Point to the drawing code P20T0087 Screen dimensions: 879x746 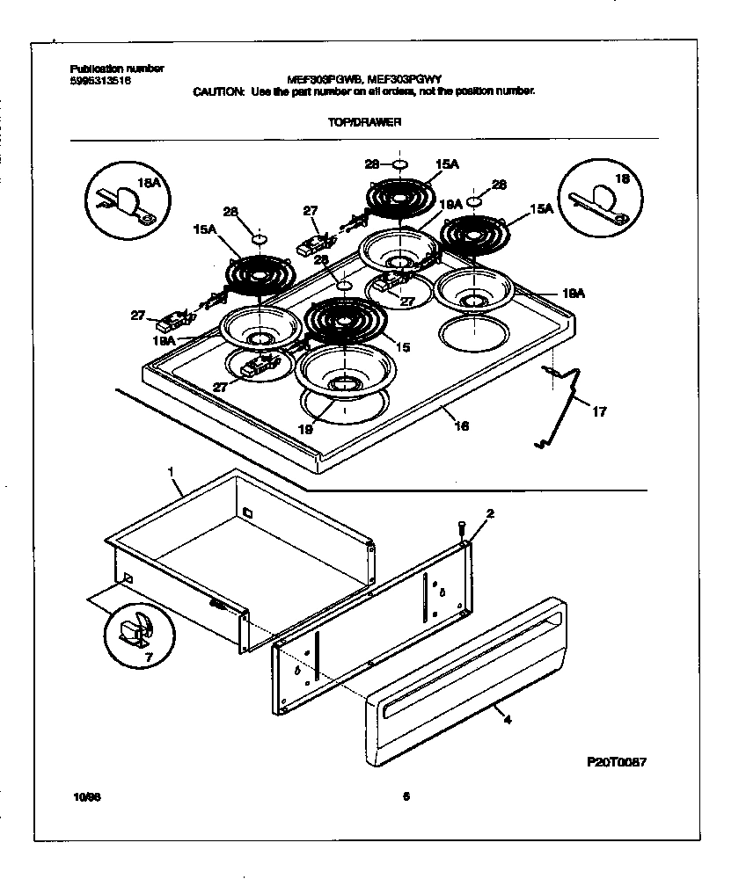[x=614, y=763]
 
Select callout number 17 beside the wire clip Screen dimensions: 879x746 [x=599, y=411]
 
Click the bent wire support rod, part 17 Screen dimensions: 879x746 [x=563, y=404]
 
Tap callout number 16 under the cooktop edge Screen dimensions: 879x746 [x=461, y=426]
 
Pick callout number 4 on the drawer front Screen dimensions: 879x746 [x=507, y=719]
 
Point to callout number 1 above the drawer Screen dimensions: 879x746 [x=171, y=473]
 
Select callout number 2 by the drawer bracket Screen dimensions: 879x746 [x=490, y=512]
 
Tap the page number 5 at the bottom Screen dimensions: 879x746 [x=406, y=797]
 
